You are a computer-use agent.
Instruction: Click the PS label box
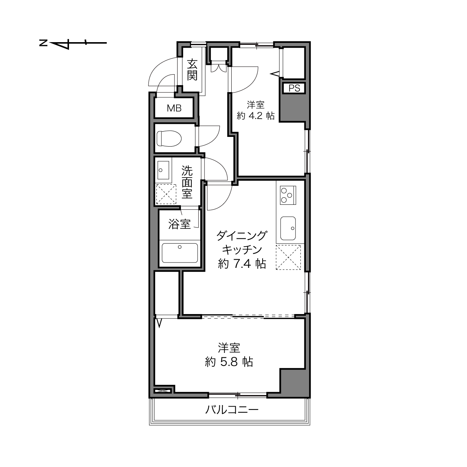(x=294, y=88)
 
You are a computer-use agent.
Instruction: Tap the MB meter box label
(x=174, y=108)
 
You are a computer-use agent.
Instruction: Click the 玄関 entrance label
(x=192, y=69)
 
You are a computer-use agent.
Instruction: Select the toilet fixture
(x=169, y=138)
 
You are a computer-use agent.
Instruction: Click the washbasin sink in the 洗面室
(x=163, y=170)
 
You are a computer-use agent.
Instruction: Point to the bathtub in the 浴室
(x=179, y=253)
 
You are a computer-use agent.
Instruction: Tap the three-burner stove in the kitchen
(x=288, y=195)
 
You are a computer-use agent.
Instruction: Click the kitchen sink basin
(x=288, y=228)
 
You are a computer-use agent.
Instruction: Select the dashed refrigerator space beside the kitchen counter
(x=288, y=257)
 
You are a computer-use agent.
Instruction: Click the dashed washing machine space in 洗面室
(x=166, y=194)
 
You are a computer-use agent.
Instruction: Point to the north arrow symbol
(x=73, y=43)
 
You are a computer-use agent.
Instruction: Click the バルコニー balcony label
(x=232, y=410)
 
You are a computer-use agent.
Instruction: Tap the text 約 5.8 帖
(x=229, y=362)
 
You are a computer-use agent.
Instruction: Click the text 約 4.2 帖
(x=256, y=116)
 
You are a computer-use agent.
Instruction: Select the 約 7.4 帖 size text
(x=242, y=264)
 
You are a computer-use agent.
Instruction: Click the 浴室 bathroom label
(x=179, y=224)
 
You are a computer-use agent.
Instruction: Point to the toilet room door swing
(x=209, y=136)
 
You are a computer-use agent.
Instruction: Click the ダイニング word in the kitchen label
(x=242, y=235)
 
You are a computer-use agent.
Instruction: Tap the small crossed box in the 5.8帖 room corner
(x=163, y=391)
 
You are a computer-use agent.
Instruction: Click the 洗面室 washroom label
(x=187, y=182)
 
